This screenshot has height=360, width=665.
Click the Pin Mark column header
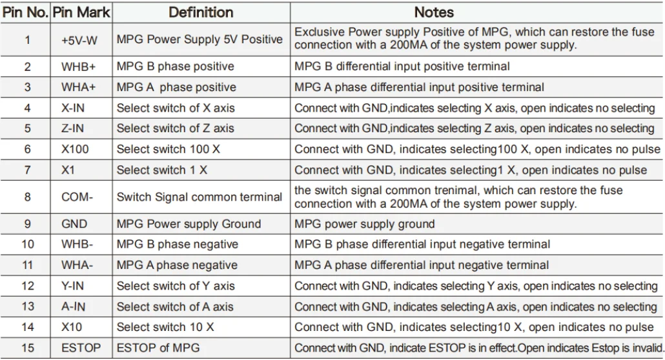pyautogui.click(x=81, y=12)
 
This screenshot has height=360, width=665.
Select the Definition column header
pyautogui.click(x=201, y=12)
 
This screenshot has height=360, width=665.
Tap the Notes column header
pyautogui.click(x=434, y=12)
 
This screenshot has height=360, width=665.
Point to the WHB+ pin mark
pyautogui.click(x=79, y=66)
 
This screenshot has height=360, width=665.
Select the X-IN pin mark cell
pyautogui.click(x=73, y=108)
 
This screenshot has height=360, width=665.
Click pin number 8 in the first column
pyautogui.click(x=27, y=197)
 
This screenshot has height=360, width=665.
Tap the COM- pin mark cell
pyautogui.click(x=77, y=197)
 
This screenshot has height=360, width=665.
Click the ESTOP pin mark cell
pyautogui.click(x=81, y=348)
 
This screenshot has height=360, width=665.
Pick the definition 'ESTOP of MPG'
pyautogui.click(x=158, y=348)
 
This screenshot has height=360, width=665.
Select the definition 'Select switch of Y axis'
pyautogui.click(x=176, y=286)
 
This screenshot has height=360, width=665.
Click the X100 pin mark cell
pyautogui.click(x=76, y=149)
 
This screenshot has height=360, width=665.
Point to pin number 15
pyautogui.click(x=27, y=348)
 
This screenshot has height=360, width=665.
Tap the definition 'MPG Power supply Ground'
pyautogui.click(x=189, y=224)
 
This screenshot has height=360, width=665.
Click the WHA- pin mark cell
pyautogui.click(x=77, y=265)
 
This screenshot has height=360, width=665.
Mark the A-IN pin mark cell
pyautogui.click(x=73, y=306)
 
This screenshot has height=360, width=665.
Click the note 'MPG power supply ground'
pyautogui.click(x=364, y=224)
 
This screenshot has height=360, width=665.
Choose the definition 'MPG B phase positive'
pyautogui.click(x=175, y=66)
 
